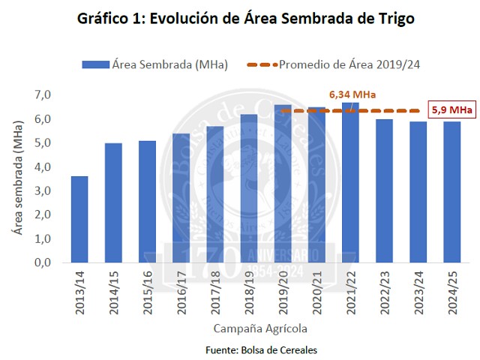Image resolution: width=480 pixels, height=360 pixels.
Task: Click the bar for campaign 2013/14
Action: click(x=79, y=220)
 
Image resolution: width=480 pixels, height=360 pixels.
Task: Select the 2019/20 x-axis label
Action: click(x=283, y=292)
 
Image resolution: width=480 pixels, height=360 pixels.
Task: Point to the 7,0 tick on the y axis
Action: click(x=41, y=95)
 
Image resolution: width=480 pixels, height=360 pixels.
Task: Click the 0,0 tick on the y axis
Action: click(x=41, y=262)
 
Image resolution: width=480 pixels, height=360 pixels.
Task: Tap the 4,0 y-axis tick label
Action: click(x=41, y=167)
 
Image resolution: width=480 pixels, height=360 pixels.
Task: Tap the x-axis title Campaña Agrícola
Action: click(x=260, y=328)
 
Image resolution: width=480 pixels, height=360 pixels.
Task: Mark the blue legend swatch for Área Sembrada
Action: click(x=95, y=64)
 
